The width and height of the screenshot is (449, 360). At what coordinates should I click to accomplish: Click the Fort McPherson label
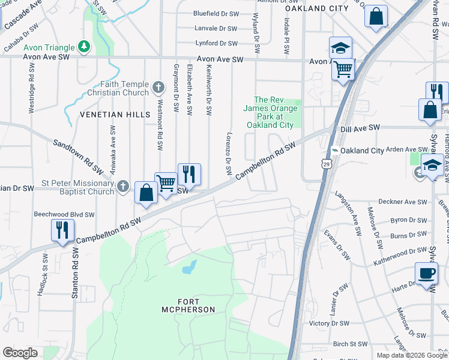tap(188, 305)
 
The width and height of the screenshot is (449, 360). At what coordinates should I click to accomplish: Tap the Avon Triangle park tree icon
tap(85, 47)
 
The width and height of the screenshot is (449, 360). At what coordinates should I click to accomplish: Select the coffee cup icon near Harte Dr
tap(426, 274)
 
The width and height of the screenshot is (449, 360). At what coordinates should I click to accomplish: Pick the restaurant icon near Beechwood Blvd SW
tap(62, 229)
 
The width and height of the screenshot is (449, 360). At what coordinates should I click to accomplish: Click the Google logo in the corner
tap(20, 353)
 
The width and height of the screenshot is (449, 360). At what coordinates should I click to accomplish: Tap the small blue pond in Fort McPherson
tap(188, 267)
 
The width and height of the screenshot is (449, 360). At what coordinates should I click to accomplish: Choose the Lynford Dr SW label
tap(216, 43)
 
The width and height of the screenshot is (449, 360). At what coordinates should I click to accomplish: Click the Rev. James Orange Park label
tap(270, 112)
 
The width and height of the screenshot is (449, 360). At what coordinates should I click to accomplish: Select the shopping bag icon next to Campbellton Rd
tap(146, 193)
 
